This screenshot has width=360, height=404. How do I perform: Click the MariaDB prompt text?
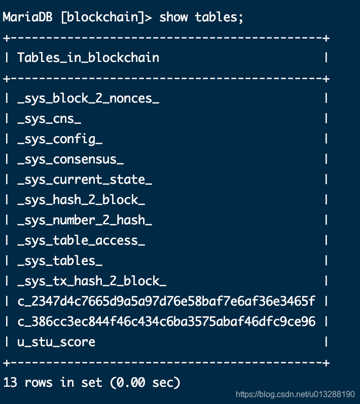pos(28,17)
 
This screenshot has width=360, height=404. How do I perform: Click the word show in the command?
pos(173,17)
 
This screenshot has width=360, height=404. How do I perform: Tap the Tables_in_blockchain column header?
pos(88,57)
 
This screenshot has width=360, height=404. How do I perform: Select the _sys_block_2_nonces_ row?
pos(88,98)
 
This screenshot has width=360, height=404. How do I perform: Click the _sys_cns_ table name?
pos(49,119)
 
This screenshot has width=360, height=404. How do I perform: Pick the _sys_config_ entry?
pos(60,139)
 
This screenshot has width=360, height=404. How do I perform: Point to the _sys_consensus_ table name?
pos(70,159)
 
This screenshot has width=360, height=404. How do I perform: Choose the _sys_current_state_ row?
pos(85,180)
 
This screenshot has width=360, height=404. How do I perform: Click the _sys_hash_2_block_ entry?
pos(81,200)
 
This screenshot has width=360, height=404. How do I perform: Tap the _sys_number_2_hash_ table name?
pos(85,220)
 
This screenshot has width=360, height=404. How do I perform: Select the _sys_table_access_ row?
pos(81,241)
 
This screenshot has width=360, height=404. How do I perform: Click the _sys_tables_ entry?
pos(60,261)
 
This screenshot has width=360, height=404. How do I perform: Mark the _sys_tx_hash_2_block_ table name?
pos(92,281)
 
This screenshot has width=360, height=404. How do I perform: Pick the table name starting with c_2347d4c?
pos(166,301)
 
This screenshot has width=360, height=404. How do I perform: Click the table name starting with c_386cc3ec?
pos(166,322)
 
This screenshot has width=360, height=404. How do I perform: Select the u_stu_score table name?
pos(56,342)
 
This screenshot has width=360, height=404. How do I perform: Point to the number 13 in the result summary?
pos(10,382)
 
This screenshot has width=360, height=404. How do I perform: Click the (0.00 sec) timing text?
pos(145,382)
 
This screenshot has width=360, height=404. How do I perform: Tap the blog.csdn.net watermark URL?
pos(296,394)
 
